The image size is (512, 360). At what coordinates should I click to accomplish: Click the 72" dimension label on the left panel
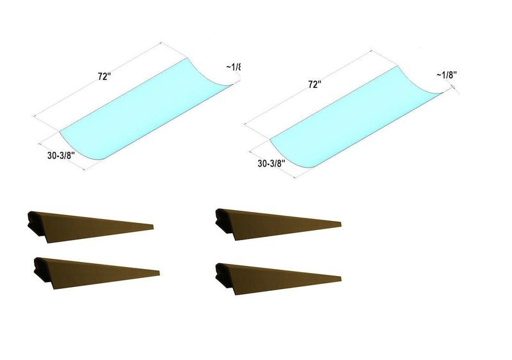103,76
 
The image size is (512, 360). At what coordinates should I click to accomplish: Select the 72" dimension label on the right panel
314,85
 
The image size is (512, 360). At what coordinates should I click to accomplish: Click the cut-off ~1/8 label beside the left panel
235,66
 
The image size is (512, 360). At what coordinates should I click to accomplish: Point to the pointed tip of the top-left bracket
152,225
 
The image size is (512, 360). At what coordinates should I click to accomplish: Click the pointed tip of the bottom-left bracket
157,270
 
